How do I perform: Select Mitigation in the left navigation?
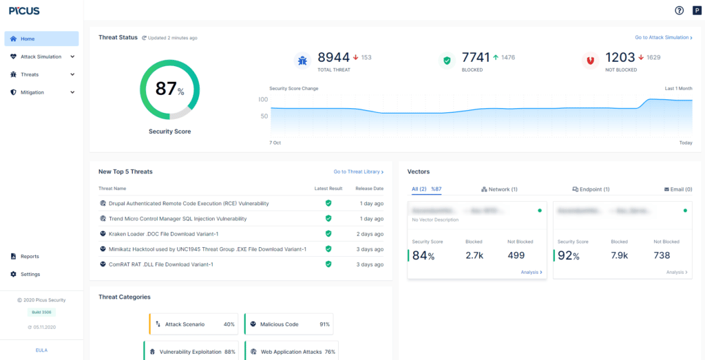(32, 92)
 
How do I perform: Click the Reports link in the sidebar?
(30, 257)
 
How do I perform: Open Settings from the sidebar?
(30, 275)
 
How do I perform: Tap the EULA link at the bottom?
(41, 350)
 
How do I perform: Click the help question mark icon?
(680, 10)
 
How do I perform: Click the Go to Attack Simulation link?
(663, 38)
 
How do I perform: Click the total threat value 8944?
(333, 58)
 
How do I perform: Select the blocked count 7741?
(476, 58)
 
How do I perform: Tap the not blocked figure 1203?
(620, 58)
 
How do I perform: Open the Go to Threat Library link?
(358, 171)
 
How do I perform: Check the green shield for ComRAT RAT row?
(328, 264)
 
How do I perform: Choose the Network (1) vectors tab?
(499, 189)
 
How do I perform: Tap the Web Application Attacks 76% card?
(292, 352)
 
